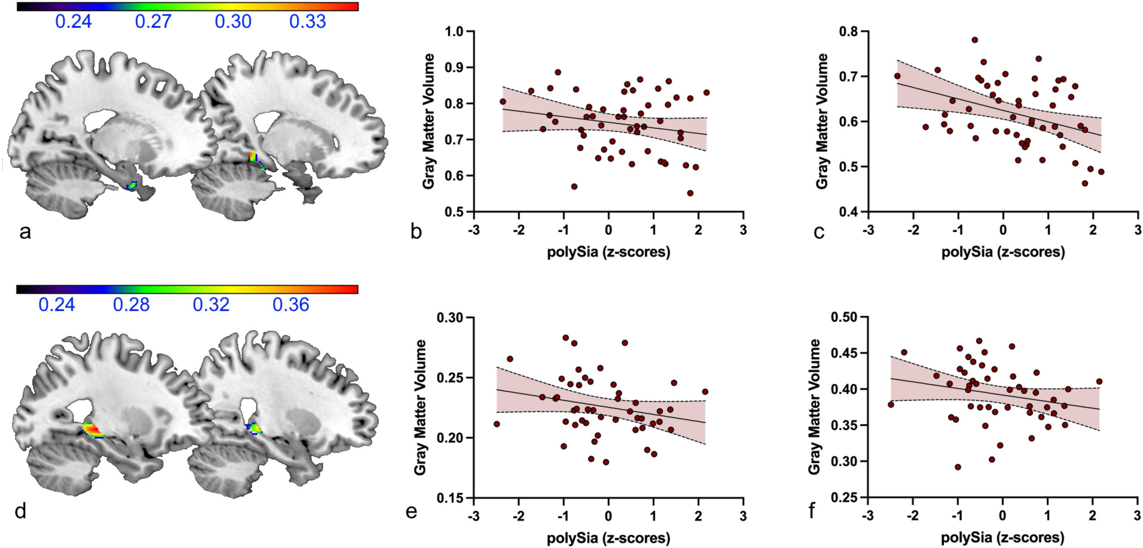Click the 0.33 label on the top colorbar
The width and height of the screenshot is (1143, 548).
(308, 22)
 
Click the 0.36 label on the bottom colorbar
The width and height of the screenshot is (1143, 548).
(291, 305)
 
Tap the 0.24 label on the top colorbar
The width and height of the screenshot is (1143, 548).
(73, 22)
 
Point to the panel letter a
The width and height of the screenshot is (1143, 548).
(25, 232)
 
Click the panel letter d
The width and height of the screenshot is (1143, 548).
(20, 512)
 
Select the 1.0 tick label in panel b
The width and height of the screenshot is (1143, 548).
(454, 32)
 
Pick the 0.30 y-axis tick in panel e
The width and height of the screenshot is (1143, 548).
(449, 318)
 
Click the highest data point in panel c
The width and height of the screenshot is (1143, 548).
(975, 40)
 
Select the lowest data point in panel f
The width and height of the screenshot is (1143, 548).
(957, 467)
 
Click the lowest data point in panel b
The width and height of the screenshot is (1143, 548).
(690, 193)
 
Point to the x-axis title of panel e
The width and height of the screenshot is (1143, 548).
(608, 538)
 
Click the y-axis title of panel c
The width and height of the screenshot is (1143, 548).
(822, 121)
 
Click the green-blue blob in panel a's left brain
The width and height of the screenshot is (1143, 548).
(132, 185)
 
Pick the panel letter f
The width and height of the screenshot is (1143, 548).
(812, 512)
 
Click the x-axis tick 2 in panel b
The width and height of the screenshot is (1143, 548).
(698, 230)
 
